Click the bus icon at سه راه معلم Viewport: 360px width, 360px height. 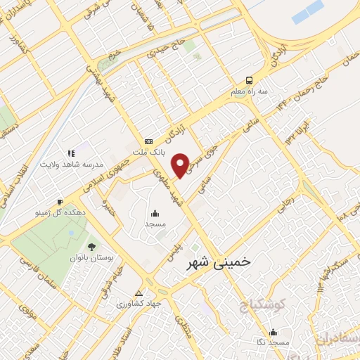[250, 81]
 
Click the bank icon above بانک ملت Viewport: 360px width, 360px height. [148, 141]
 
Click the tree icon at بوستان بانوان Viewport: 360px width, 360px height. [91, 246]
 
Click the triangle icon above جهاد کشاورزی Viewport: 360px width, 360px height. [139, 293]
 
